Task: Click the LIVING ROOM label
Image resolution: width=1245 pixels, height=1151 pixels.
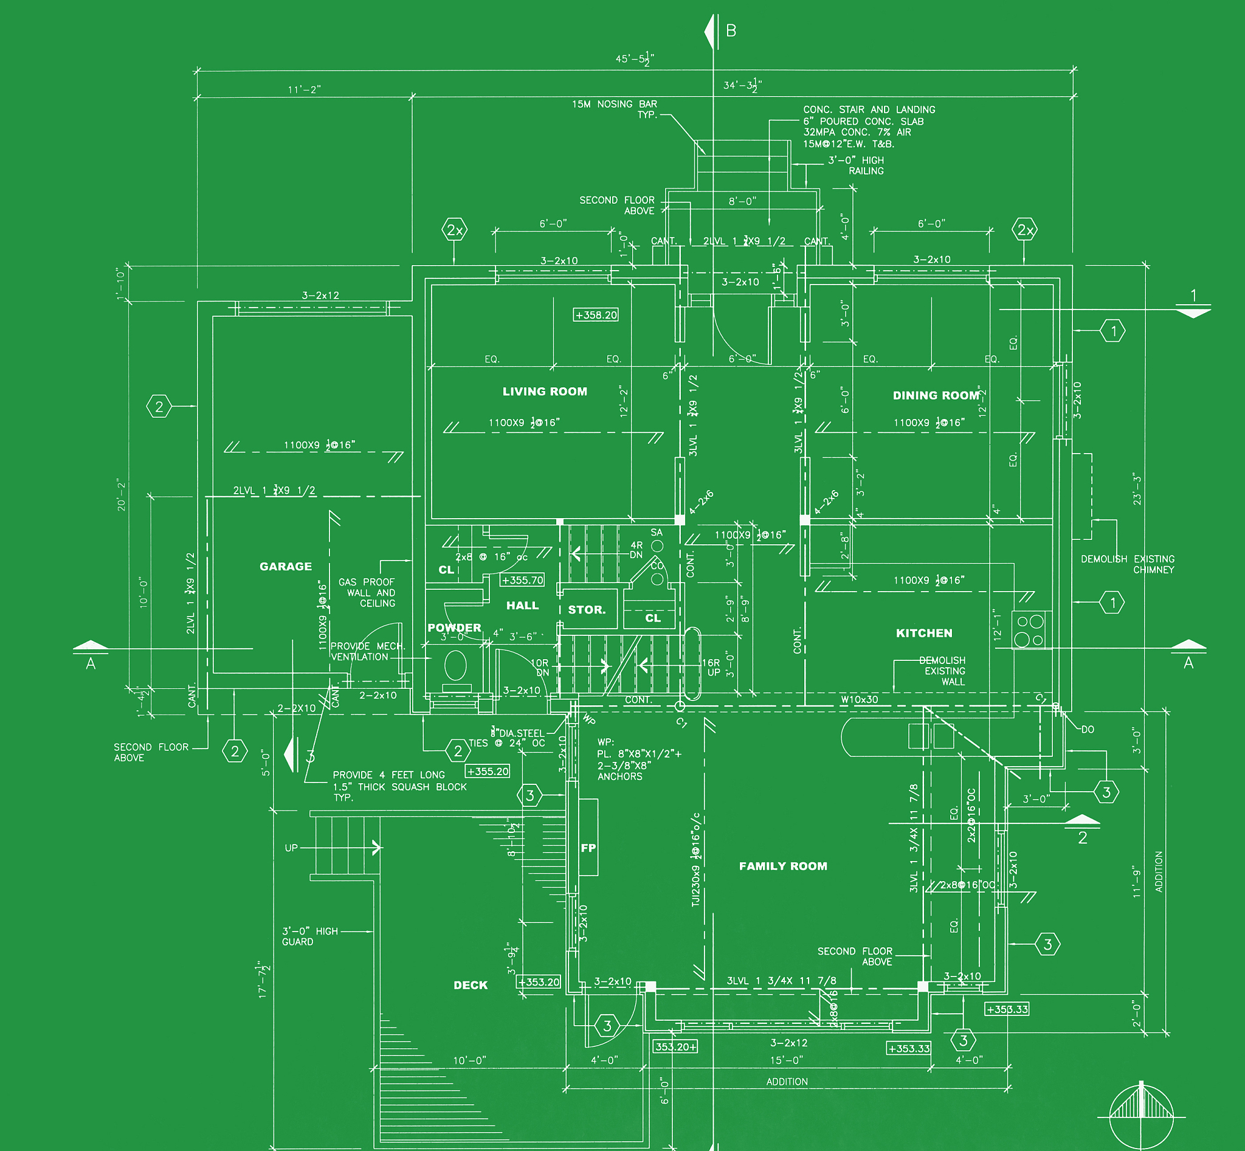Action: [x=544, y=391]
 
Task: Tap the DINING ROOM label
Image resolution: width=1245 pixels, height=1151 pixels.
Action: [x=936, y=395]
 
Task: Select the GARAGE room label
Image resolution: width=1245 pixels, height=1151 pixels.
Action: [x=285, y=566]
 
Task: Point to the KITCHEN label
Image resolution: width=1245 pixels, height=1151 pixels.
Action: [x=923, y=633]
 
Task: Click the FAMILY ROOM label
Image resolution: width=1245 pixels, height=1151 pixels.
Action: [x=783, y=866]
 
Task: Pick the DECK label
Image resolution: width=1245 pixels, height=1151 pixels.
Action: [x=471, y=984]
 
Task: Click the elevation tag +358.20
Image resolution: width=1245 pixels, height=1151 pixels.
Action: [x=595, y=315]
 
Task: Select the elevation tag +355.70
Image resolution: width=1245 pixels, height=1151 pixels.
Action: [x=523, y=580]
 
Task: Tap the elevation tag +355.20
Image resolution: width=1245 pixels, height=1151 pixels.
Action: [x=488, y=771]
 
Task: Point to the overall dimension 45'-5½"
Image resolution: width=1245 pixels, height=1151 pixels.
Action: [x=634, y=59]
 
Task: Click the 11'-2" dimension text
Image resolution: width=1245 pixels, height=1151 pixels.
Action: [x=304, y=90]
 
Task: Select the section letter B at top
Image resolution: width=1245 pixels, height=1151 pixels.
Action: [x=731, y=30]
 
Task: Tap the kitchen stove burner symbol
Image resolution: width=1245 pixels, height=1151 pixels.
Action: [x=1031, y=630]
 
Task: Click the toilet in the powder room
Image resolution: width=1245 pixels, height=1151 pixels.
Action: [x=455, y=666]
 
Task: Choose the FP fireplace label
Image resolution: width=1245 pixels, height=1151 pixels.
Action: [x=588, y=848]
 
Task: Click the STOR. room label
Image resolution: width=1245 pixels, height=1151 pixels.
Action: [x=586, y=610]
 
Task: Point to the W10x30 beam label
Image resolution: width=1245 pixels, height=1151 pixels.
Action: [x=859, y=699]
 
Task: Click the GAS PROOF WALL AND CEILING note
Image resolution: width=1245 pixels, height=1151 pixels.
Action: [x=367, y=592]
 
